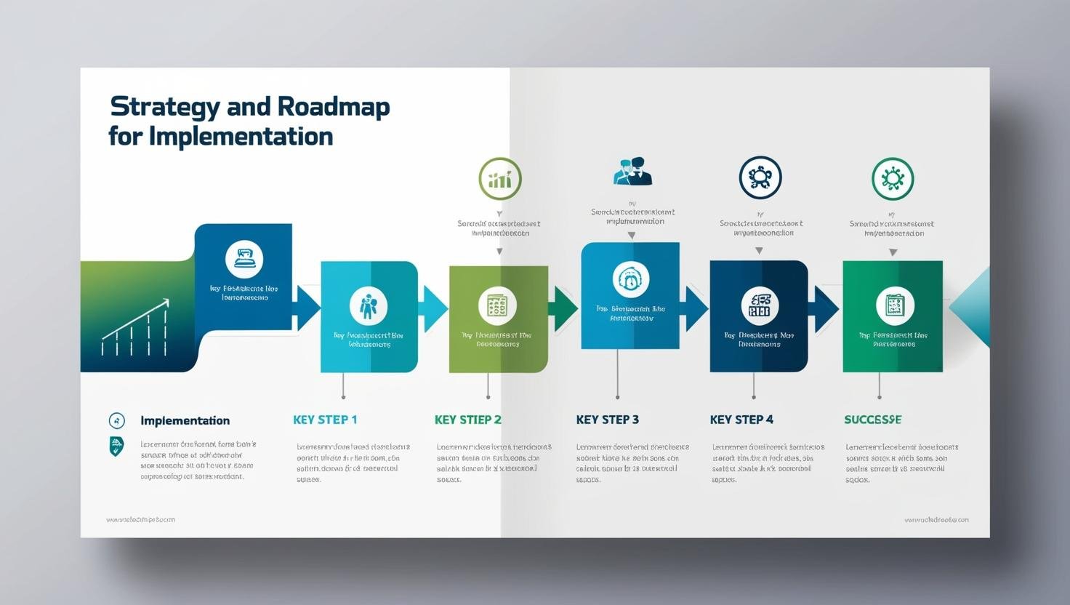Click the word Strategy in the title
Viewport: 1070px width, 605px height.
click(x=164, y=108)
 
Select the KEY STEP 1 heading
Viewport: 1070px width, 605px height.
click(x=325, y=420)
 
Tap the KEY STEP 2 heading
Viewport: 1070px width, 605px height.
click(x=467, y=420)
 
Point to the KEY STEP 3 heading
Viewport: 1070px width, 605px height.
click(x=607, y=420)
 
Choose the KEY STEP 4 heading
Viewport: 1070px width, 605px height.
click(x=741, y=420)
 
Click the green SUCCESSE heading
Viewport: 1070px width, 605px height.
click(x=872, y=420)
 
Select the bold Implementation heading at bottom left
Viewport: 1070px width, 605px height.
click(x=185, y=420)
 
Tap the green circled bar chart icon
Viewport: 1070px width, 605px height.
click(x=500, y=178)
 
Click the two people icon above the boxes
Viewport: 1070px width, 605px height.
click(x=632, y=172)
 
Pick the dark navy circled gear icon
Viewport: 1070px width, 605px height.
click(x=760, y=177)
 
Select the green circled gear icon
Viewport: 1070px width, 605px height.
click(x=893, y=178)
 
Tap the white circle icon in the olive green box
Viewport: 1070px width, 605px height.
click(x=497, y=305)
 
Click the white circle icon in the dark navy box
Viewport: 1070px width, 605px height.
click(x=760, y=305)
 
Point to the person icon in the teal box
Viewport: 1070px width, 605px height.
click(x=369, y=305)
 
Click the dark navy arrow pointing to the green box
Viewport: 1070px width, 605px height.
click(x=826, y=309)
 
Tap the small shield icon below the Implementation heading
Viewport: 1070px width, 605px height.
click(x=116, y=446)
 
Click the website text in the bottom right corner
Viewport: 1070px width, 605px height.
click(x=936, y=520)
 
